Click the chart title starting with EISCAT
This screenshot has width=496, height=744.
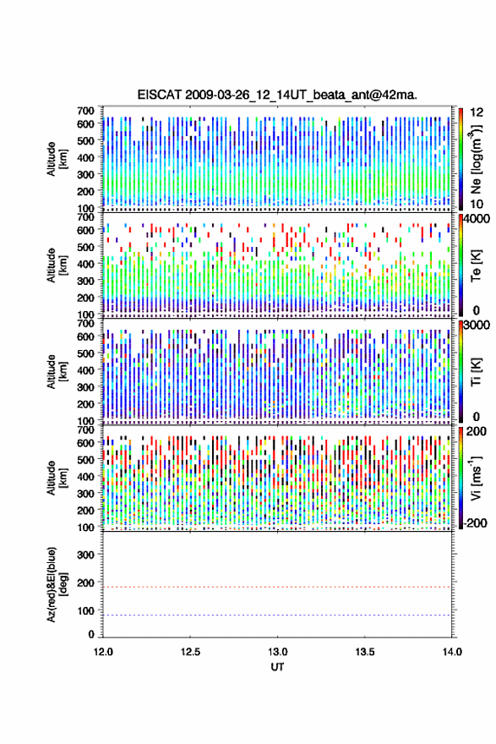coord(277,95)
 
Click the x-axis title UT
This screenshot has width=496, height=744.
coord(277,667)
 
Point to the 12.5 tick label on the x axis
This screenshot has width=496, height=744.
coord(190,652)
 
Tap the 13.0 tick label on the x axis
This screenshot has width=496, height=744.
coord(277,652)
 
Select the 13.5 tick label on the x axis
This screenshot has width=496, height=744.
coord(365,652)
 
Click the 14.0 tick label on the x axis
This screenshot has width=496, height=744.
coord(452,652)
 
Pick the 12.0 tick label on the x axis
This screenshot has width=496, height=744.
coord(103,652)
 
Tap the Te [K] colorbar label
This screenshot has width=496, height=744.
coord(476,265)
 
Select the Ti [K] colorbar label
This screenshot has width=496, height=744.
coord(476,371)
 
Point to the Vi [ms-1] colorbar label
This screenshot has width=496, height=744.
coord(476,478)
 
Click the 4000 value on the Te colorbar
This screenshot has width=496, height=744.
coord(476,219)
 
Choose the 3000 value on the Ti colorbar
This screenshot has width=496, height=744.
coord(476,325)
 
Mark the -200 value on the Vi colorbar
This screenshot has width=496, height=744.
coord(474,522)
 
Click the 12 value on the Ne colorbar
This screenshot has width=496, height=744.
coord(477,112)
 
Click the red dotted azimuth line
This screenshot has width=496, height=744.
coord(277,587)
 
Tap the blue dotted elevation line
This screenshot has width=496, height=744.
coord(277,615)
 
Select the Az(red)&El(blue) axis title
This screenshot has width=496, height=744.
coord(57,584)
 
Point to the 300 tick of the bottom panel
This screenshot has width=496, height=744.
coord(86,555)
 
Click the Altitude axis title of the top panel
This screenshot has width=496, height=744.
coord(57,159)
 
